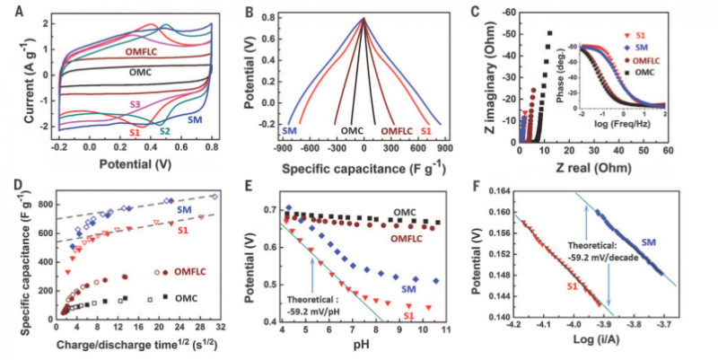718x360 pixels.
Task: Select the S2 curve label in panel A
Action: (x=163, y=132)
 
